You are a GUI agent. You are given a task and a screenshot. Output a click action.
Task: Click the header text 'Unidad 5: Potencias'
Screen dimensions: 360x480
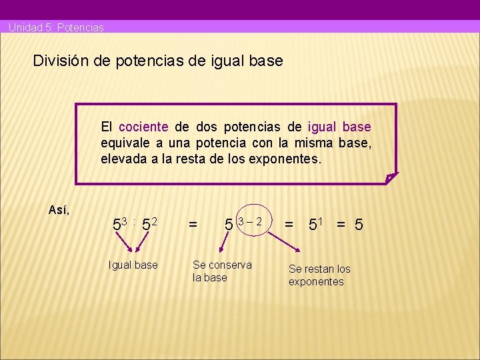pyautogui.click(x=56, y=28)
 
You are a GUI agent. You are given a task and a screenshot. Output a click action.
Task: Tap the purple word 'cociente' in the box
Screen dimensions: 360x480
pyautogui.click(x=143, y=127)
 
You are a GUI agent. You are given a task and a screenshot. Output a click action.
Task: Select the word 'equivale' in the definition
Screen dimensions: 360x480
pyautogui.click(x=124, y=143)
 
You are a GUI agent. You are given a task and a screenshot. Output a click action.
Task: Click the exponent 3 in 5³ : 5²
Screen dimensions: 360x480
pyautogui.click(x=123, y=221)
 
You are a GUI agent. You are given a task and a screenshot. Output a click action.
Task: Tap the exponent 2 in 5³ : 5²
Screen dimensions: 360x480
pyautogui.click(x=153, y=221)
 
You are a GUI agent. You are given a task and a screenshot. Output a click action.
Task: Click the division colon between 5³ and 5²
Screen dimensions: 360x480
pyautogui.click(x=135, y=223)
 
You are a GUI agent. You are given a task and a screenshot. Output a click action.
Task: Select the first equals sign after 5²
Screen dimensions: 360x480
pyautogui.click(x=193, y=226)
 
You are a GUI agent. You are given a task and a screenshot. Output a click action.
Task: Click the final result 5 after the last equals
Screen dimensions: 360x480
pyautogui.click(x=359, y=225)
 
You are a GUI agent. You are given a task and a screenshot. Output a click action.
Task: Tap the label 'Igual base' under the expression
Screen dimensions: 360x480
pyautogui.click(x=133, y=265)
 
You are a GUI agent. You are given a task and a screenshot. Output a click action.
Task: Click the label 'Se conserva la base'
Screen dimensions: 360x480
pyautogui.click(x=222, y=271)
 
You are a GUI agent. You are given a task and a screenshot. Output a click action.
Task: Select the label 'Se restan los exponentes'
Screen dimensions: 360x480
pyautogui.click(x=319, y=275)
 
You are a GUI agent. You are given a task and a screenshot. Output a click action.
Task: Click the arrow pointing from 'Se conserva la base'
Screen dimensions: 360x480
pyautogui.click(x=217, y=245)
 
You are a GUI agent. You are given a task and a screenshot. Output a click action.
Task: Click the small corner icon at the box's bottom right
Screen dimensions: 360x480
pyautogui.click(x=391, y=177)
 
